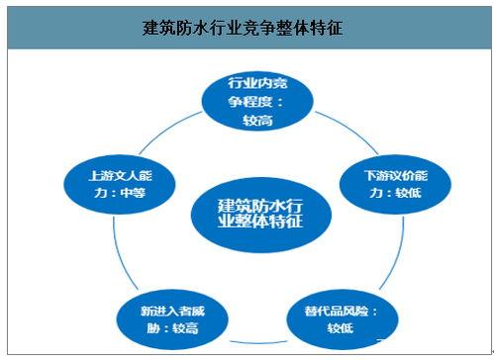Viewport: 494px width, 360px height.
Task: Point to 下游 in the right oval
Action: tap(375, 175)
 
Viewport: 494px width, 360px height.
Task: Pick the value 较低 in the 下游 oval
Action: tap(407, 193)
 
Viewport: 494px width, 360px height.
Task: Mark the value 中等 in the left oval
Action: tap(132, 193)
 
